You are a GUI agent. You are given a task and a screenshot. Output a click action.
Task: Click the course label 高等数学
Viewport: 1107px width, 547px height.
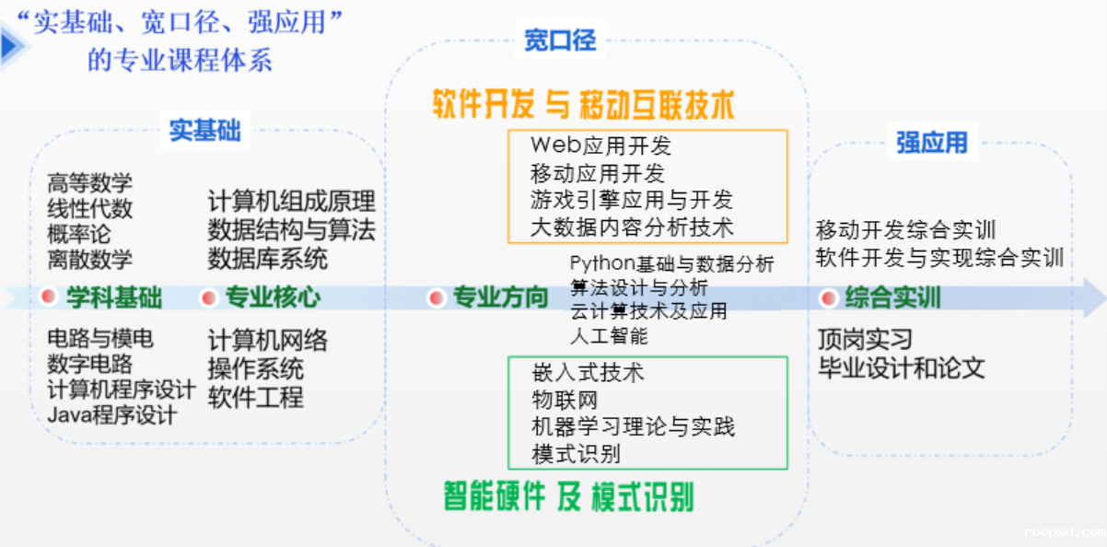tap(89, 184)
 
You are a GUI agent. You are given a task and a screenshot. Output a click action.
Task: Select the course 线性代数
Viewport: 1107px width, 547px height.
tap(89, 209)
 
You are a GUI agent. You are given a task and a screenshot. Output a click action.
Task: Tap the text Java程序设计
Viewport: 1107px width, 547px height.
tap(111, 415)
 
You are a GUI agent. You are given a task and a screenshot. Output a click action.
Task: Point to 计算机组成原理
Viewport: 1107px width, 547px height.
tap(291, 202)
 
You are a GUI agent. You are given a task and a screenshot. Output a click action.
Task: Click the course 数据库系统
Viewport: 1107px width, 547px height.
tap(267, 258)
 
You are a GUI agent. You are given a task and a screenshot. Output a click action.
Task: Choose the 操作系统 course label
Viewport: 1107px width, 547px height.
tap(255, 369)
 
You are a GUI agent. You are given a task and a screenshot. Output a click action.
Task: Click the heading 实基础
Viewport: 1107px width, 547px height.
tap(204, 131)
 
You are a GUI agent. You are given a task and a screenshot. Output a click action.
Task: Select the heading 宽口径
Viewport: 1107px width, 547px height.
tap(560, 41)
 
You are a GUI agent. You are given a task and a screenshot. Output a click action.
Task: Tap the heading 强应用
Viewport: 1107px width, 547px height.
tap(931, 143)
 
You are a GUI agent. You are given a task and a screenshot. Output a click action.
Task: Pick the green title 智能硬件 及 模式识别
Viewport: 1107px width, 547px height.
tap(568, 496)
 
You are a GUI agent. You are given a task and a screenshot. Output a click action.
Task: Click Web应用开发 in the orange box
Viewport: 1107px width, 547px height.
tap(600, 145)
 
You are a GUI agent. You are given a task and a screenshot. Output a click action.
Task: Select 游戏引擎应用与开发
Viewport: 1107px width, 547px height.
tap(631, 200)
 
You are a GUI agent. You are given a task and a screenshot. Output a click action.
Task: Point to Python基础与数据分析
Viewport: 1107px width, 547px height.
tap(671, 264)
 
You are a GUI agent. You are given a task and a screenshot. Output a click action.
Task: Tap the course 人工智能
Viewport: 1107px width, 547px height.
tap(609, 336)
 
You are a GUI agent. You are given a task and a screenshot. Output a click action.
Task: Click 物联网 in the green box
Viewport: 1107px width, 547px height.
tap(565, 400)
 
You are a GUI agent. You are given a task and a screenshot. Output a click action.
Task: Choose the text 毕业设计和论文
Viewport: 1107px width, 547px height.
tap(901, 369)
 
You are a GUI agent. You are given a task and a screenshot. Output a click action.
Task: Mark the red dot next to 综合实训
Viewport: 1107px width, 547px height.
tap(828, 297)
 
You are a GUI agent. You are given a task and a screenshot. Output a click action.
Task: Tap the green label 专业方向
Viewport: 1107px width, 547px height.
tap(500, 297)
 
